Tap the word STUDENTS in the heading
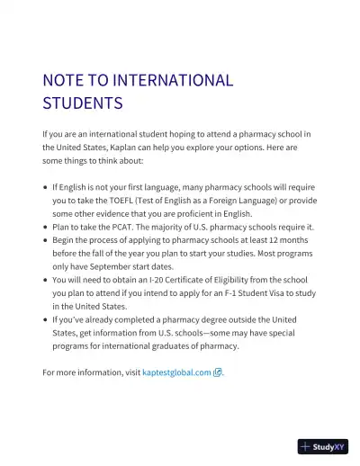pos(82,103)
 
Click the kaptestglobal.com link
pos(176,372)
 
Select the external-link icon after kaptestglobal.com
pos(217,372)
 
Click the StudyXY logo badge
pos(323,445)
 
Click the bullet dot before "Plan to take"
pos(45,228)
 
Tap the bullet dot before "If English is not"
pos(45,188)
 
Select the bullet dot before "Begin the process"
pos(45,241)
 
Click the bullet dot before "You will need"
pos(45,280)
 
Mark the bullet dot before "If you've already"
pos(45,319)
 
